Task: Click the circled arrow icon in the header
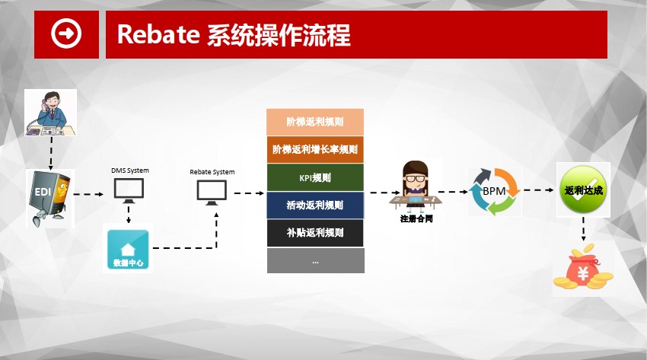(66, 33)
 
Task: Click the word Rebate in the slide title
(158, 34)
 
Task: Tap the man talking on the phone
(50, 113)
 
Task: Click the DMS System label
(130, 170)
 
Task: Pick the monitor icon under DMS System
(129, 190)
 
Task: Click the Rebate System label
(212, 172)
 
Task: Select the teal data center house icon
(128, 249)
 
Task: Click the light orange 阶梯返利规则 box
(315, 122)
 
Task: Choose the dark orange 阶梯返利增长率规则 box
(315, 149)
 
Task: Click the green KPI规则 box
(315, 177)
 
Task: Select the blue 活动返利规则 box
(315, 205)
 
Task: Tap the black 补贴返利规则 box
(315, 233)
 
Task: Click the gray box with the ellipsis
(316, 260)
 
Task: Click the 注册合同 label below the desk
(416, 218)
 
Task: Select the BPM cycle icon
(494, 191)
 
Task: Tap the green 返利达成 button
(583, 190)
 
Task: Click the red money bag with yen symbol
(583, 267)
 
